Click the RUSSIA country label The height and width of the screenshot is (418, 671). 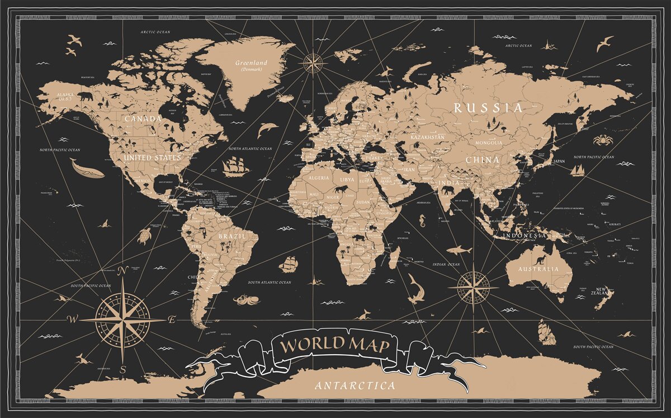[488, 107]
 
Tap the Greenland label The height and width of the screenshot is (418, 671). [251, 63]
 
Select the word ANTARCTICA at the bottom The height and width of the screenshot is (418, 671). [355, 386]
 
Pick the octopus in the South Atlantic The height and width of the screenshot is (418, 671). [244, 299]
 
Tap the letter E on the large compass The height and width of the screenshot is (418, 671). [172, 320]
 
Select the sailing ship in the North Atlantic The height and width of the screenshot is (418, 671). [235, 165]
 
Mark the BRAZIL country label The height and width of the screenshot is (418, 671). [231, 236]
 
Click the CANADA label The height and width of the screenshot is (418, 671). [143, 119]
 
